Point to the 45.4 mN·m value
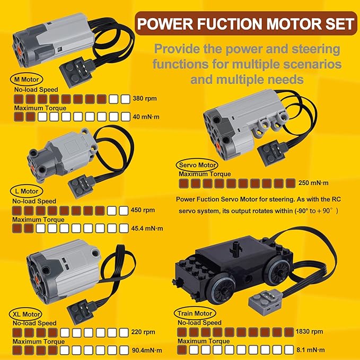tap(150, 228)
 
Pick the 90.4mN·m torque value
tap(150, 351)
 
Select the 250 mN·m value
tap(314, 183)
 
